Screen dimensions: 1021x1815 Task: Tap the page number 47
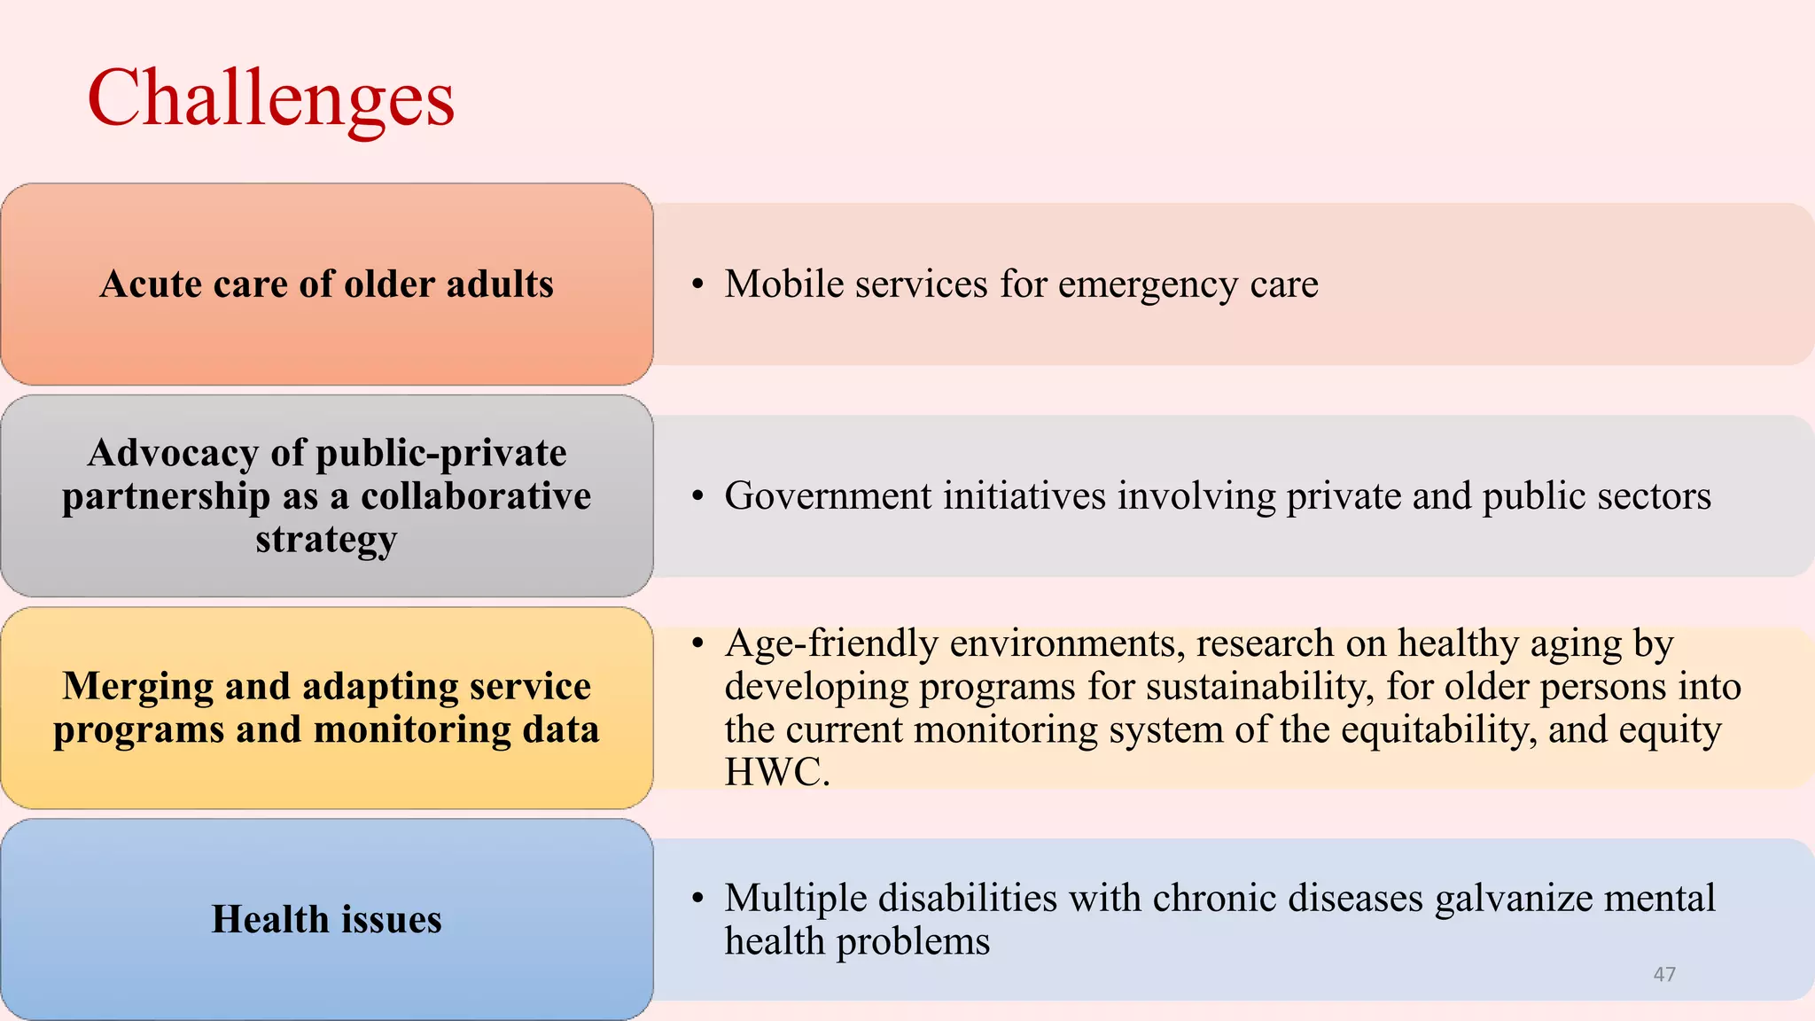tap(1664, 974)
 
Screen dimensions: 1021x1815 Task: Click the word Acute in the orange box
tap(151, 284)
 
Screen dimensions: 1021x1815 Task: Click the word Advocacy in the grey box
tap(173, 454)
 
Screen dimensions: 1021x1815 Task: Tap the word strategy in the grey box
tap(326, 540)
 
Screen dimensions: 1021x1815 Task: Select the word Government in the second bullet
tap(828, 496)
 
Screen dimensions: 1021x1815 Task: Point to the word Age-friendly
tap(830, 644)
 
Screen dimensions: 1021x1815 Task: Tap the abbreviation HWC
tap(775, 772)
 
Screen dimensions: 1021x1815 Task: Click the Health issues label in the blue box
tap(326, 919)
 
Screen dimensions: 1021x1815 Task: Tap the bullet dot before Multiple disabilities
tap(698, 899)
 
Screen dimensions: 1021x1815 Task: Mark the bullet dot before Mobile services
tap(698, 284)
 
